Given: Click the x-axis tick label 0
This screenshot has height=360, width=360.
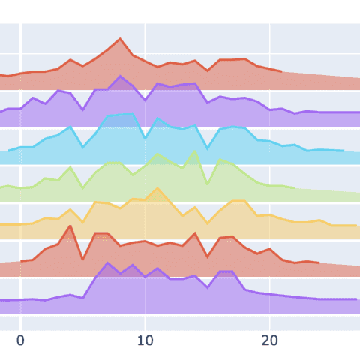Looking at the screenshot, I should (20, 340).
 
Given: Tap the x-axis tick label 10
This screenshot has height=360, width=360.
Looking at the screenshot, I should (145, 340).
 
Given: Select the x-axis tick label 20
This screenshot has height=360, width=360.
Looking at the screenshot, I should (269, 340).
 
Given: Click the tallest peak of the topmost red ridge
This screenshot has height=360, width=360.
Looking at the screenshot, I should (120, 39).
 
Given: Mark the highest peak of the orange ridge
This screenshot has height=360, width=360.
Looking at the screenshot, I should (157, 189).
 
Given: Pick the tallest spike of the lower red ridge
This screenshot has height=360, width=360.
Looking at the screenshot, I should (70, 226).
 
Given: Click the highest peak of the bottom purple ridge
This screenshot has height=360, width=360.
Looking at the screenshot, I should (108, 263).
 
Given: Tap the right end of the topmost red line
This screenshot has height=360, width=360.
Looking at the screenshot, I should (281, 72).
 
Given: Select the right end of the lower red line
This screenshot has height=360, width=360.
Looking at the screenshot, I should (319, 263).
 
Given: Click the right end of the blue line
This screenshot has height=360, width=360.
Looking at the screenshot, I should (343, 151).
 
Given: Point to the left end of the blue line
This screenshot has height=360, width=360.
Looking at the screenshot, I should (8, 151).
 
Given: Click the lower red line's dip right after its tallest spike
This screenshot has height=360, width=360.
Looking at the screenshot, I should (82, 259).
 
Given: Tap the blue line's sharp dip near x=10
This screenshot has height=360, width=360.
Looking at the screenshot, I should (145, 138).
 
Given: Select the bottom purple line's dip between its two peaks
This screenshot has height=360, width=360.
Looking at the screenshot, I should (207, 286).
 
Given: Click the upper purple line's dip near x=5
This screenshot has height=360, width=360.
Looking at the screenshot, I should (82, 110).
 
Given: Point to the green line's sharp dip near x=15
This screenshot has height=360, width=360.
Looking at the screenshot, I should (207, 181).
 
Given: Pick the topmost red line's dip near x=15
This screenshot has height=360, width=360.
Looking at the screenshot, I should (207, 70).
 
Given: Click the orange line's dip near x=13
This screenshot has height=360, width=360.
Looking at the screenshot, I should (182, 216).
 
